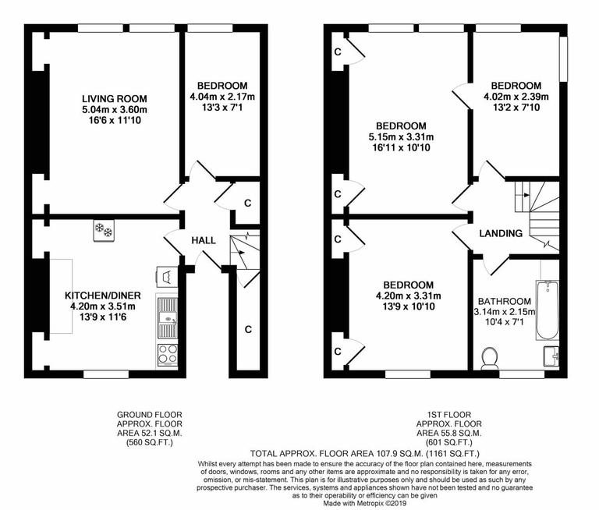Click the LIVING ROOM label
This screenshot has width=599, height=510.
pyautogui.click(x=115, y=98)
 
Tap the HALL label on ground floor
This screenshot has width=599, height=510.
pyautogui.click(x=204, y=240)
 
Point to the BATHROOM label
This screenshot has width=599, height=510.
pyautogui.click(x=505, y=301)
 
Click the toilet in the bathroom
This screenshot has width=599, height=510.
pyautogui.click(x=491, y=358)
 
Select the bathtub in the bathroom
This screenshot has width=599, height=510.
pyautogui.click(x=548, y=310)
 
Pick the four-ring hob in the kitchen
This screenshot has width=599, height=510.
pyautogui.click(x=168, y=353)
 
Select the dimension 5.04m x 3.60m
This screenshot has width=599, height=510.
pyautogui.click(x=115, y=110)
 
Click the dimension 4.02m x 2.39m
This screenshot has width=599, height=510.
pyautogui.click(x=516, y=97)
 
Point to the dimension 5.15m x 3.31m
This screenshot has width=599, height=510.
pyautogui.click(x=401, y=137)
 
